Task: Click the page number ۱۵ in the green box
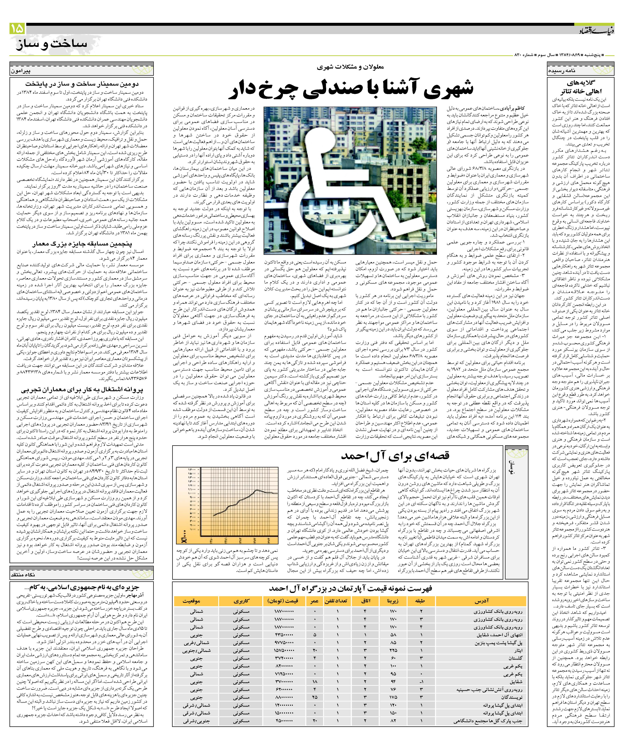(x=17, y=29)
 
